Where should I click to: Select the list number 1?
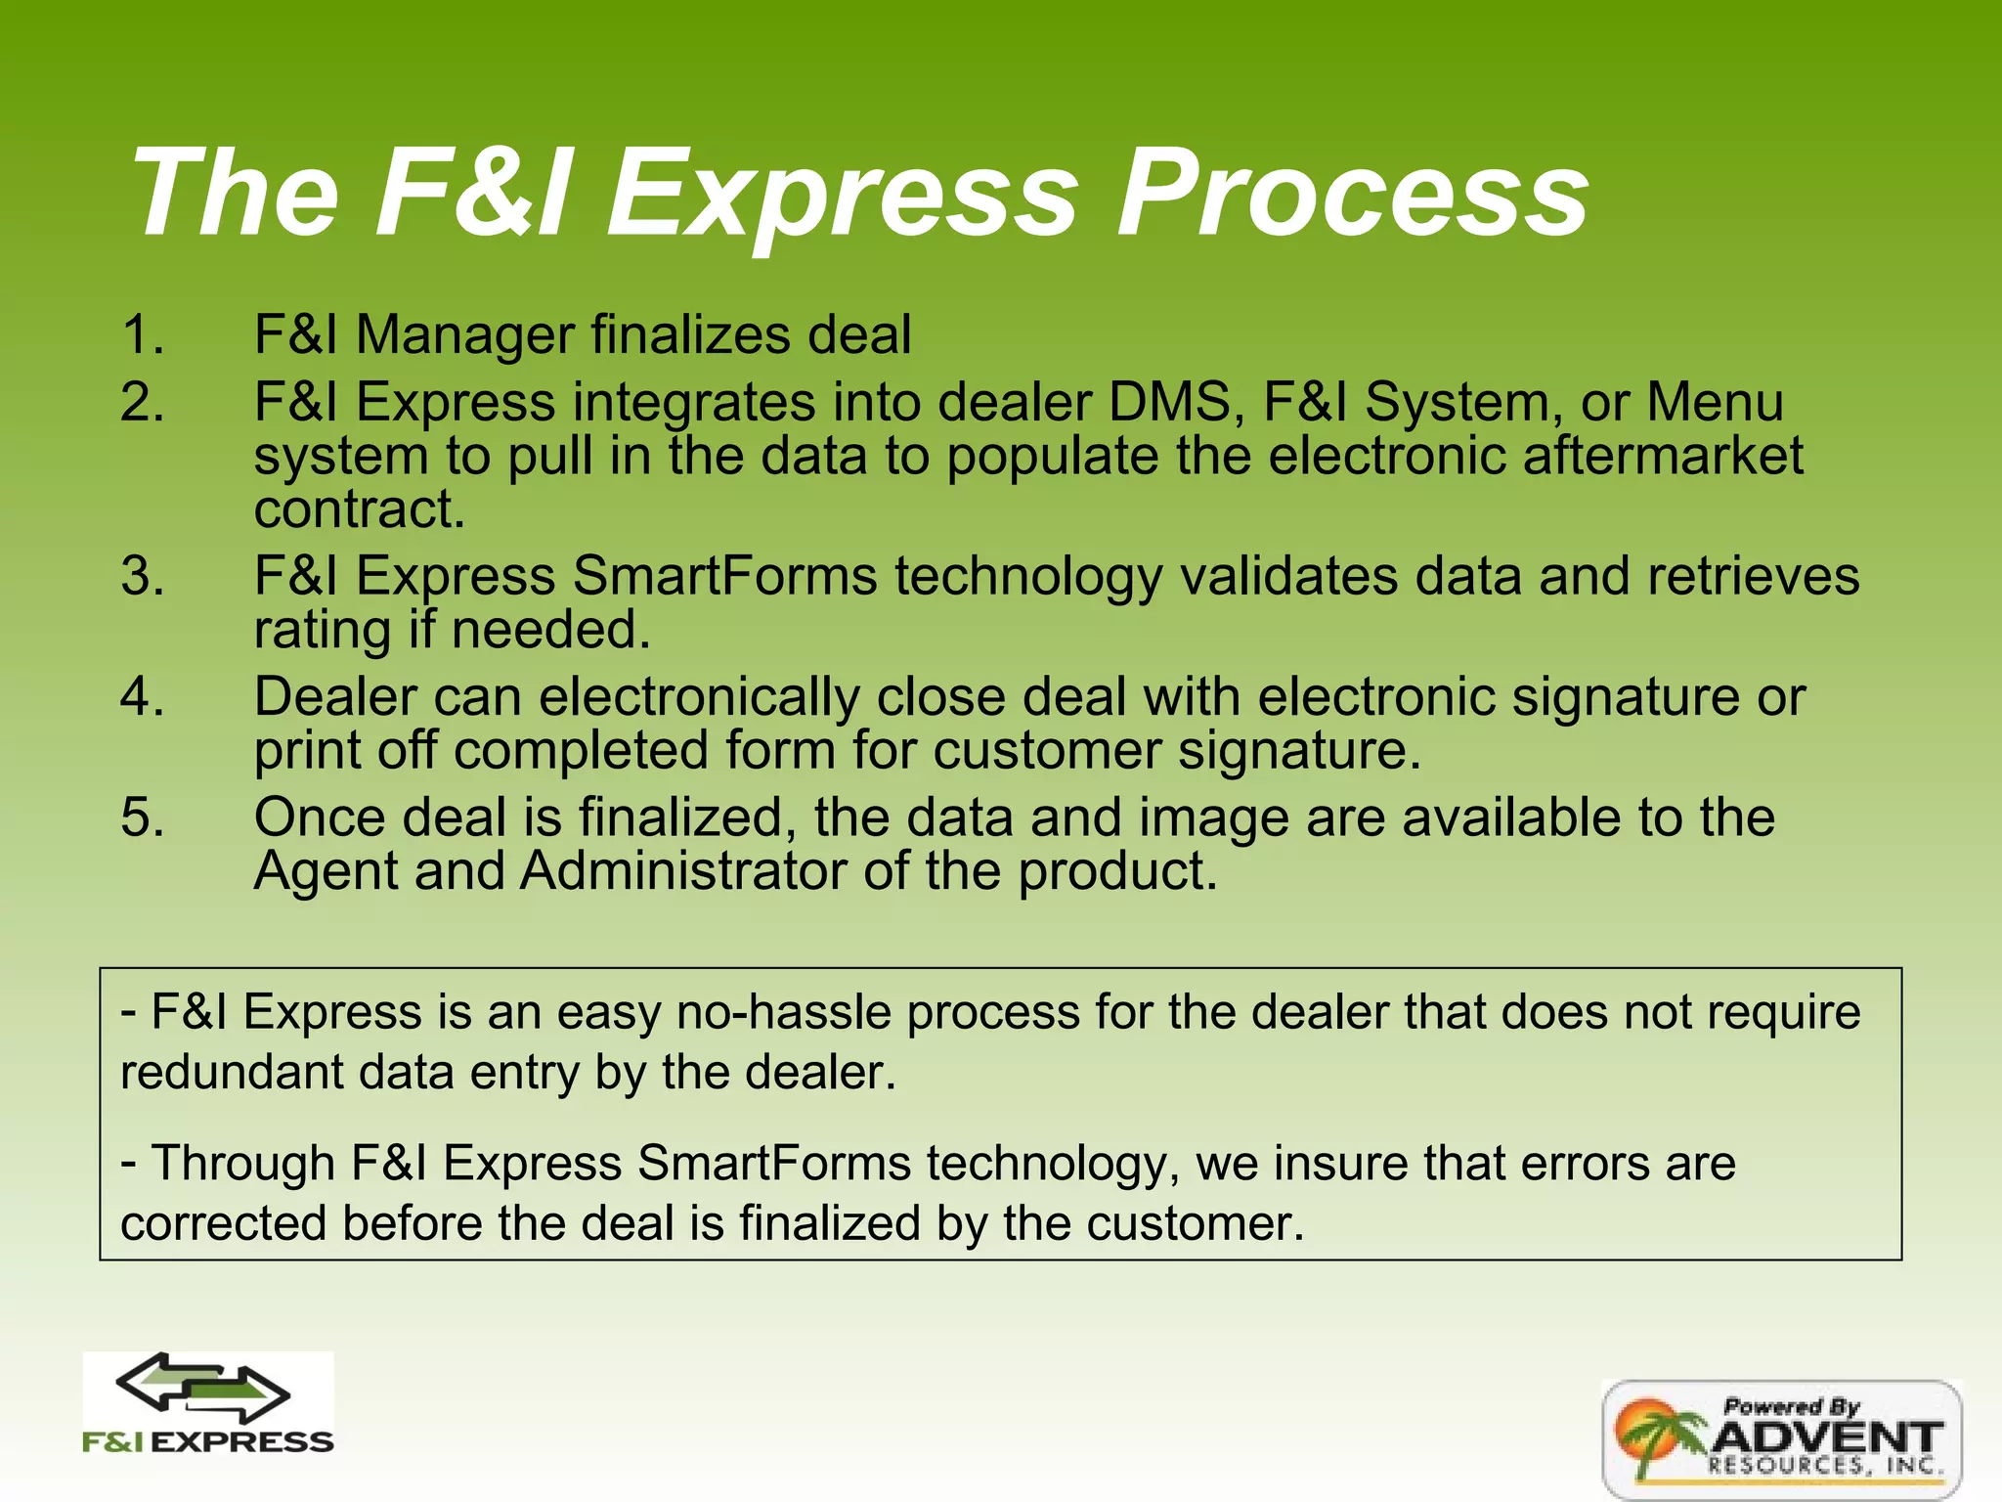click(143, 334)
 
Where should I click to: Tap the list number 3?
click(143, 575)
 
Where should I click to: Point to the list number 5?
click(143, 817)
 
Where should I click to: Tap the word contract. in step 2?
click(359, 509)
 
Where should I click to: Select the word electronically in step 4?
click(699, 697)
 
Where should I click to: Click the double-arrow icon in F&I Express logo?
click(203, 1389)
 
